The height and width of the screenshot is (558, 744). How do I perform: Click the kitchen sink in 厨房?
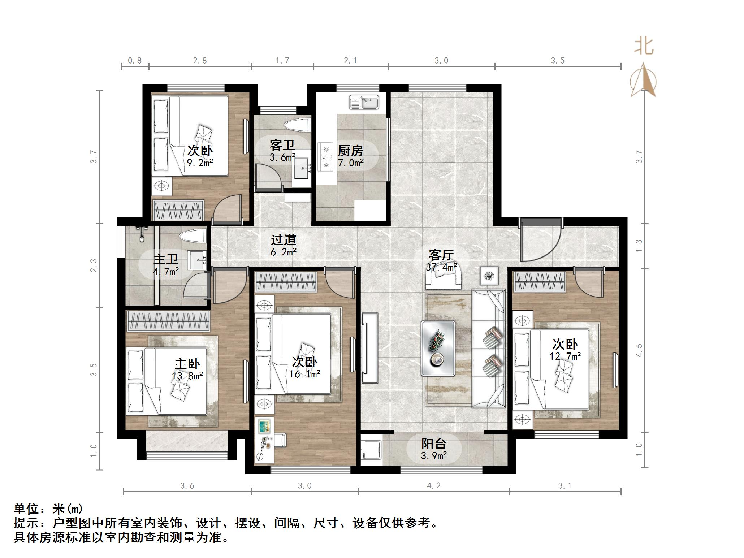point(364,103)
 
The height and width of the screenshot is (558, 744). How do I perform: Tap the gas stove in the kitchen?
point(325,157)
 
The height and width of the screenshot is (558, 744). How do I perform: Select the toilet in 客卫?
point(297,126)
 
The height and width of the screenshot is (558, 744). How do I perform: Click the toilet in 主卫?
point(193,237)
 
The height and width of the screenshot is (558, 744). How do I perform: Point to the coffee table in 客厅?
point(438,348)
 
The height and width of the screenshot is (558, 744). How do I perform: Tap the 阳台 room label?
point(433,444)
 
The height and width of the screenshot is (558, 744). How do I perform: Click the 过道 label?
point(284,239)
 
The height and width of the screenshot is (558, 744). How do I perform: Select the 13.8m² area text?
point(187,376)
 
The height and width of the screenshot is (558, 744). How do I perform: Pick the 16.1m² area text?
point(304,374)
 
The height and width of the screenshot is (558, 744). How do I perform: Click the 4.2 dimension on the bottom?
point(434,486)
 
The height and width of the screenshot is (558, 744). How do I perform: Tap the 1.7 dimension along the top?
point(282,60)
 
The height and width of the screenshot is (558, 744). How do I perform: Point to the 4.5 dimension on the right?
point(639,350)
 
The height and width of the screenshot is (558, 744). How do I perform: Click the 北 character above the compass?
point(644,46)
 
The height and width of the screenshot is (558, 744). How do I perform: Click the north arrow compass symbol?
point(643,81)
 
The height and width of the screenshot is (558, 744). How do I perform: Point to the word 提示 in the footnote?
point(26,523)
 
